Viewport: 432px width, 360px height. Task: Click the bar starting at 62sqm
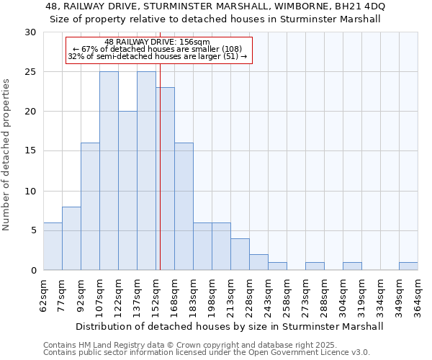pos(53,246)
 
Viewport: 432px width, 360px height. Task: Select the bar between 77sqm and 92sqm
pos(71,238)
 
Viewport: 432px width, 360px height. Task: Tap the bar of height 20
pos(127,191)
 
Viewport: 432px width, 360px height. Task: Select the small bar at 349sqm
pos(408,266)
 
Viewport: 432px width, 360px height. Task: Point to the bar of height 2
pos(258,262)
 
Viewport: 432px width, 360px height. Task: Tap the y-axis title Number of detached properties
pos(7,155)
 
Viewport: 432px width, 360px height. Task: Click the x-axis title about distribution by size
pos(230,326)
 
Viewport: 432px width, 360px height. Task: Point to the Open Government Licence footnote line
pos(207,352)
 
